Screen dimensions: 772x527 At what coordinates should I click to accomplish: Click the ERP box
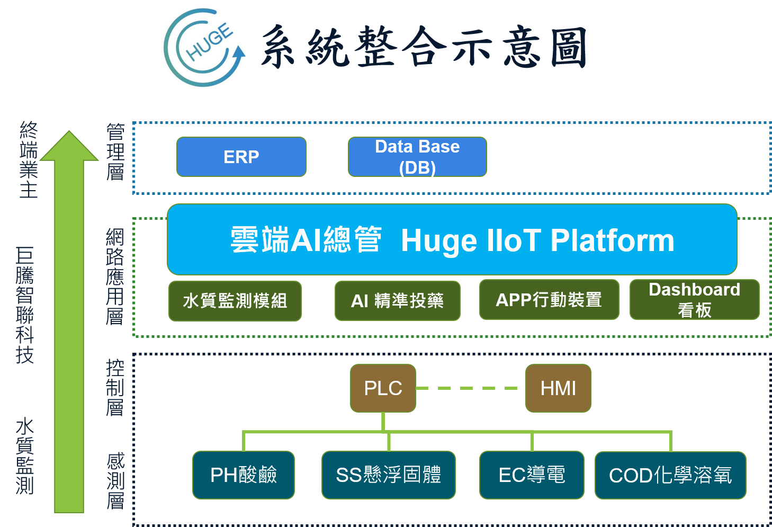[x=241, y=157]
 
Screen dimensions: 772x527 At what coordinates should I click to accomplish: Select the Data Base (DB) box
[x=417, y=157]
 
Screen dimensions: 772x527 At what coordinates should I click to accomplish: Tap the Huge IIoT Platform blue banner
[x=452, y=239]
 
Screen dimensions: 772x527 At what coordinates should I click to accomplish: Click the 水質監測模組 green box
[x=235, y=301]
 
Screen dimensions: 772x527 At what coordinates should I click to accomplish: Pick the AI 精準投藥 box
[x=397, y=301]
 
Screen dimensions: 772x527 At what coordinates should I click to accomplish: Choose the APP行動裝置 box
[x=549, y=300]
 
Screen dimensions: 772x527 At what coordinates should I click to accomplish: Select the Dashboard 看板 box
[x=695, y=300]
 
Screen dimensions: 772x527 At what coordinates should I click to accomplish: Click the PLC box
[x=383, y=388]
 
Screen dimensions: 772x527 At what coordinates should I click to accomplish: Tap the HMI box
[x=558, y=388]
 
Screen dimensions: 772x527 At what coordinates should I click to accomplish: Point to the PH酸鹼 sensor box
[x=244, y=475]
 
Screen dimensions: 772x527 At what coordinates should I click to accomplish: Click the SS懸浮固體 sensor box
[x=389, y=475]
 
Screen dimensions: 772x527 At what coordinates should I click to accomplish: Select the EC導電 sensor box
[x=532, y=475]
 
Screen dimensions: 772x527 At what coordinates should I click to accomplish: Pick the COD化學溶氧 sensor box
[x=670, y=475]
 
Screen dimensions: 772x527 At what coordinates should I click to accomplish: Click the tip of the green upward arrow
[x=69, y=131]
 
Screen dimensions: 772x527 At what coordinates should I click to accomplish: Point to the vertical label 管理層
[x=115, y=151]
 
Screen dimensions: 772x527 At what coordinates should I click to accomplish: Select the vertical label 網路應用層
[x=115, y=276]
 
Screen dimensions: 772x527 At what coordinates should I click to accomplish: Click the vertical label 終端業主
[x=28, y=159]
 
